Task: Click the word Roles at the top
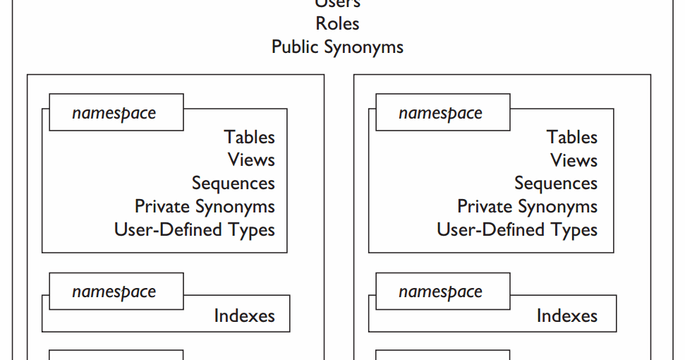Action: click(337, 23)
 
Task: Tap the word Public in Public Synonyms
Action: click(296, 47)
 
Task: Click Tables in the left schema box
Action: click(249, 137)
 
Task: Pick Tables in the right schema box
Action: click(571, 137)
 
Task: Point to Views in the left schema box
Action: click(251, 160)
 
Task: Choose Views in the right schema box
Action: click(574, 160)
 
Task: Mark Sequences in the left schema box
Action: click(233, 184)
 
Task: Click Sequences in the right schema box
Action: click(555, 184)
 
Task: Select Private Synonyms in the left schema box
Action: click(205, 207)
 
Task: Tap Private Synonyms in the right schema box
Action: click(527, 207)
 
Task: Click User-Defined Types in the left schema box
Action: click(194, 230)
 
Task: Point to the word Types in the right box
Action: click(574, 230)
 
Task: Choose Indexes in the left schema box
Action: click(244, 316)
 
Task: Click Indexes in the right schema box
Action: click(566, 316)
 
